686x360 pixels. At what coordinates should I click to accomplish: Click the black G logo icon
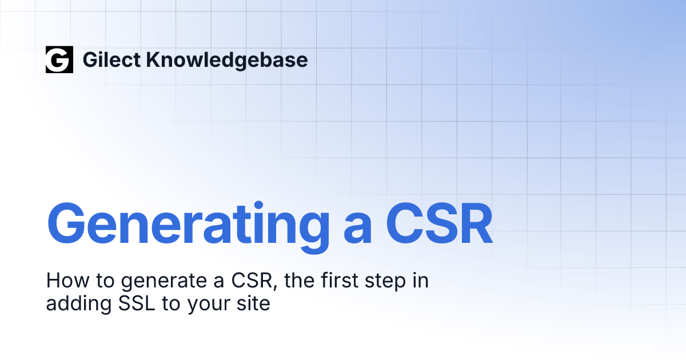pos(59,59)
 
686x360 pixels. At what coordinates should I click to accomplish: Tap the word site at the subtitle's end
pos(254,303)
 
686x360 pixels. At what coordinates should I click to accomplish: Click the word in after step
pos(420,281)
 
